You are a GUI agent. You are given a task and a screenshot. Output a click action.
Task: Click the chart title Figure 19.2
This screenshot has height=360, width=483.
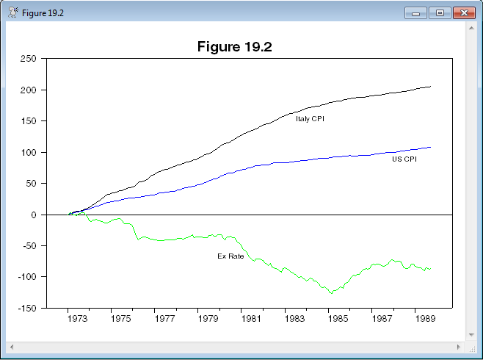(x=235, y=47)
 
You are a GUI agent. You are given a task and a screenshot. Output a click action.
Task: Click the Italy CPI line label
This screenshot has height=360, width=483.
(x=310, y=118)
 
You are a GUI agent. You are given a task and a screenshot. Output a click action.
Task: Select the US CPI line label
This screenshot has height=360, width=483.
(x=404, y=159)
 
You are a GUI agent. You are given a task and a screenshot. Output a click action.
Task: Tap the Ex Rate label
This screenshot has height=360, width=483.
(x=230, y=256)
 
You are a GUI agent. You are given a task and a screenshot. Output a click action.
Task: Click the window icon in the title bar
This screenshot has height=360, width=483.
(x=12, y=13)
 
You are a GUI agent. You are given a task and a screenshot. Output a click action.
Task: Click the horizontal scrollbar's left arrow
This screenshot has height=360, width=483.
(x=11, y=345)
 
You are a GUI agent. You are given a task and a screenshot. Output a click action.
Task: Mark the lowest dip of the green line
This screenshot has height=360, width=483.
(x=331, y=293)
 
